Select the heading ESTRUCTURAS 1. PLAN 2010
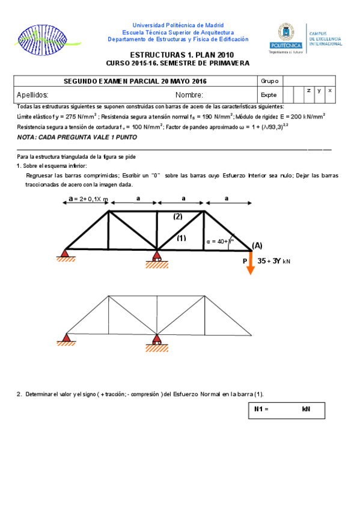click(x=177, y=55)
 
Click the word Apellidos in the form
click(x=32, y=94)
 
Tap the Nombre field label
click(x=189, y=94)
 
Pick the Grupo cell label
click(x=268, y=81)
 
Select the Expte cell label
click(x=268, y=94)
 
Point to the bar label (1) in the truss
click(x=181, y=238)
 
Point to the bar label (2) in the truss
click(x=178, y=216)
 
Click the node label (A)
click(x=257, y=245)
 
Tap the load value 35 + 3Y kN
click(x=273, y=261)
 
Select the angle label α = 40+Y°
click(x=219, y=241)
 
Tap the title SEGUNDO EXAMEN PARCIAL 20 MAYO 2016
click(x=135, y=81)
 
